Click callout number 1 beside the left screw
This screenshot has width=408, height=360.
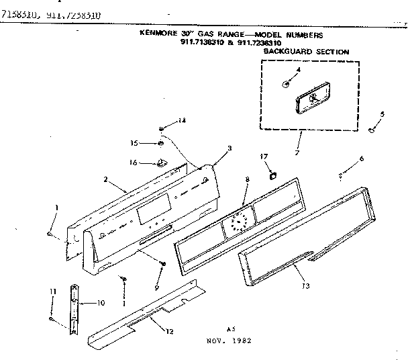56,207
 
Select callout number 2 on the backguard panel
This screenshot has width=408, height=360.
106,179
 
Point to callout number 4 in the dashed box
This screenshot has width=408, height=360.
298,70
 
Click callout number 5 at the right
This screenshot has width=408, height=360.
382,114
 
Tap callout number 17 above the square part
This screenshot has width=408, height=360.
264,156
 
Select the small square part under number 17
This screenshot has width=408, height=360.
272,176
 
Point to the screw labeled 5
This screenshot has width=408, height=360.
371,129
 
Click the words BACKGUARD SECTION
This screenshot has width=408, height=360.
306,51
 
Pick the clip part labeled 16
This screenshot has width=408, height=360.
161,162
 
